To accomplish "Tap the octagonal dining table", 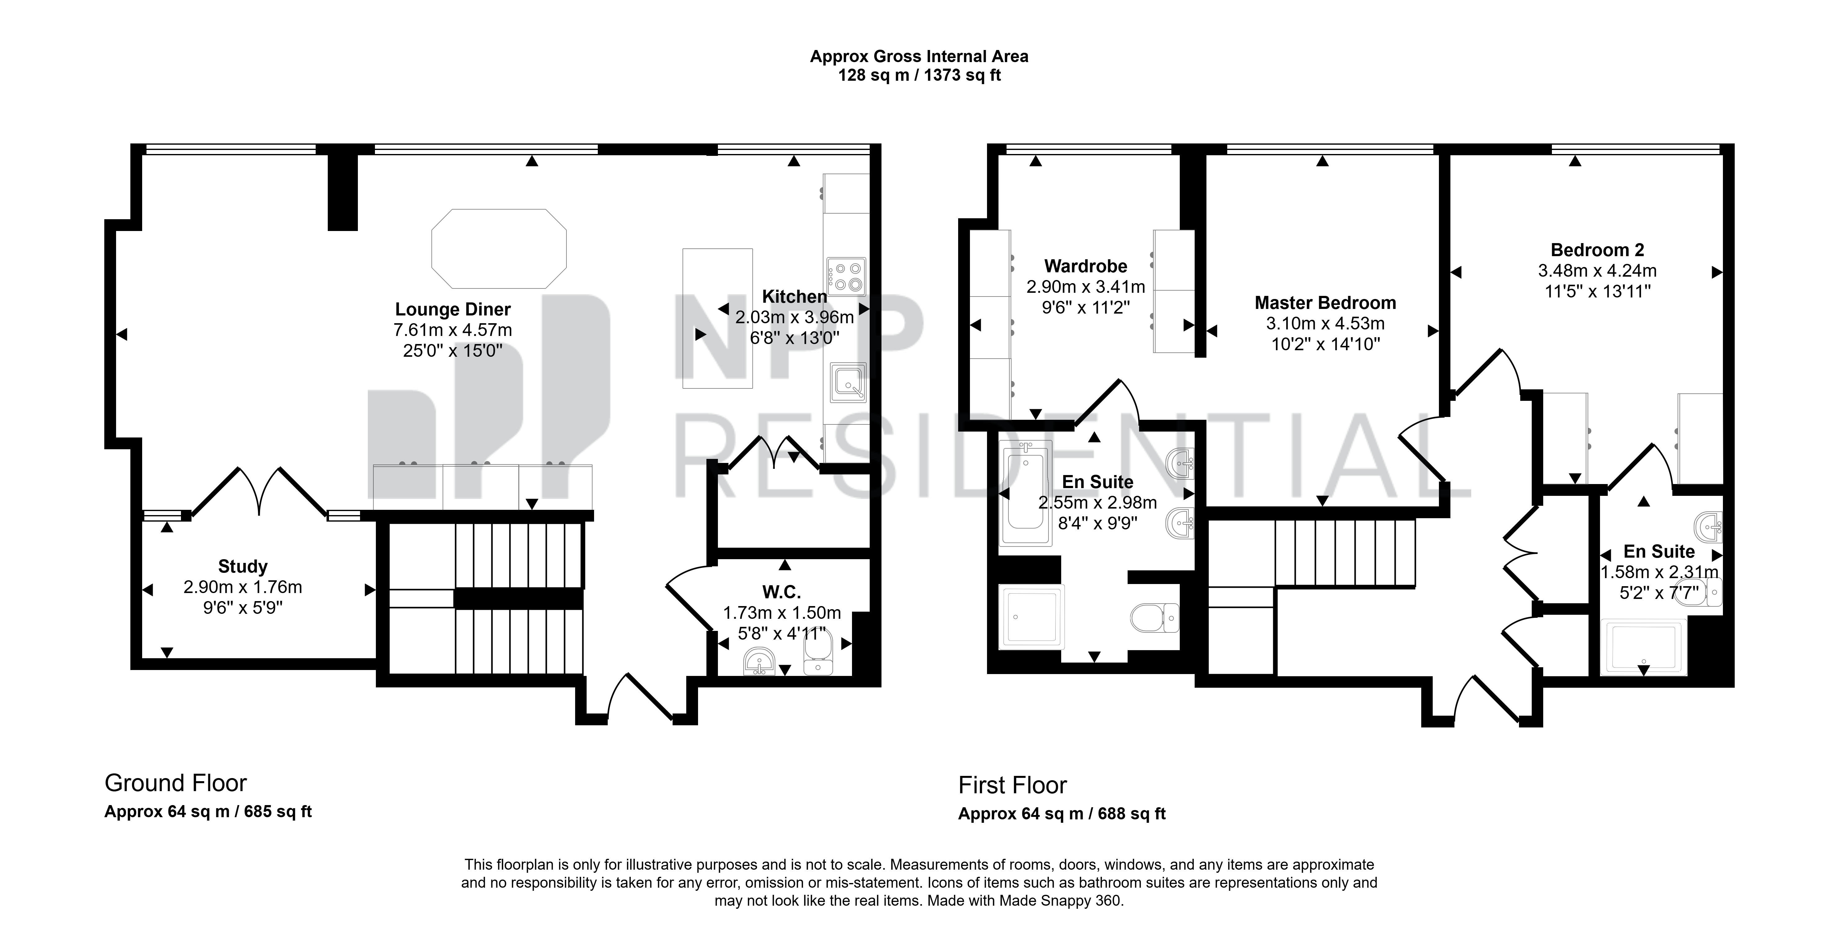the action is pyautogui.click(x=499, y=249).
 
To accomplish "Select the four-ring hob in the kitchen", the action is pyautogui.click(x=847, y=276).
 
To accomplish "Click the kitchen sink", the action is pyautogui.click(x=848, y=382).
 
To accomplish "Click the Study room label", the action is pyautogui.click(x=243, y=567).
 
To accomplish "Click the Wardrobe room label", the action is pyautogui.click(x=1086, y=266).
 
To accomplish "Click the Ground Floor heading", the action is pyautogui.click(x=176, y=783).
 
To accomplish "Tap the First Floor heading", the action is pyautogui.click(x=1012, y=785).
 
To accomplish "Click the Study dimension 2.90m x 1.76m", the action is pyautogui.click(x=243, y=587).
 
